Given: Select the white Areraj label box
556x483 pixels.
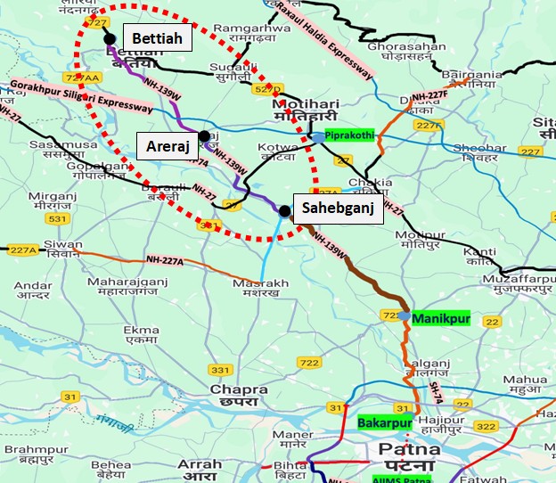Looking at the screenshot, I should tap(167, 143).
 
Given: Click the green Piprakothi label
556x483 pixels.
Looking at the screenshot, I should tap(352, 137).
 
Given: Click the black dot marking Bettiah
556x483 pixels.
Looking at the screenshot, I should tap(110, 38).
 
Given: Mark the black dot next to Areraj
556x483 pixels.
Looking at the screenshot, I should tap(204, 135).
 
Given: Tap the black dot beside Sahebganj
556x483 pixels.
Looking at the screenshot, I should tap(283, 211).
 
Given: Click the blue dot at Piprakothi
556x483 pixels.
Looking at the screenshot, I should tap(318, 136).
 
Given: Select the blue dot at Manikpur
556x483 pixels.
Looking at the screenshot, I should tap(405, 316).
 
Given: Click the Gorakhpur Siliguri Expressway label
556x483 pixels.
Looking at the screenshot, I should tap(80, 96).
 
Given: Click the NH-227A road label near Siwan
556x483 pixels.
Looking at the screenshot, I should tap(164, 260).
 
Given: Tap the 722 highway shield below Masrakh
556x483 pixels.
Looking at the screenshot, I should tap(309, 363).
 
